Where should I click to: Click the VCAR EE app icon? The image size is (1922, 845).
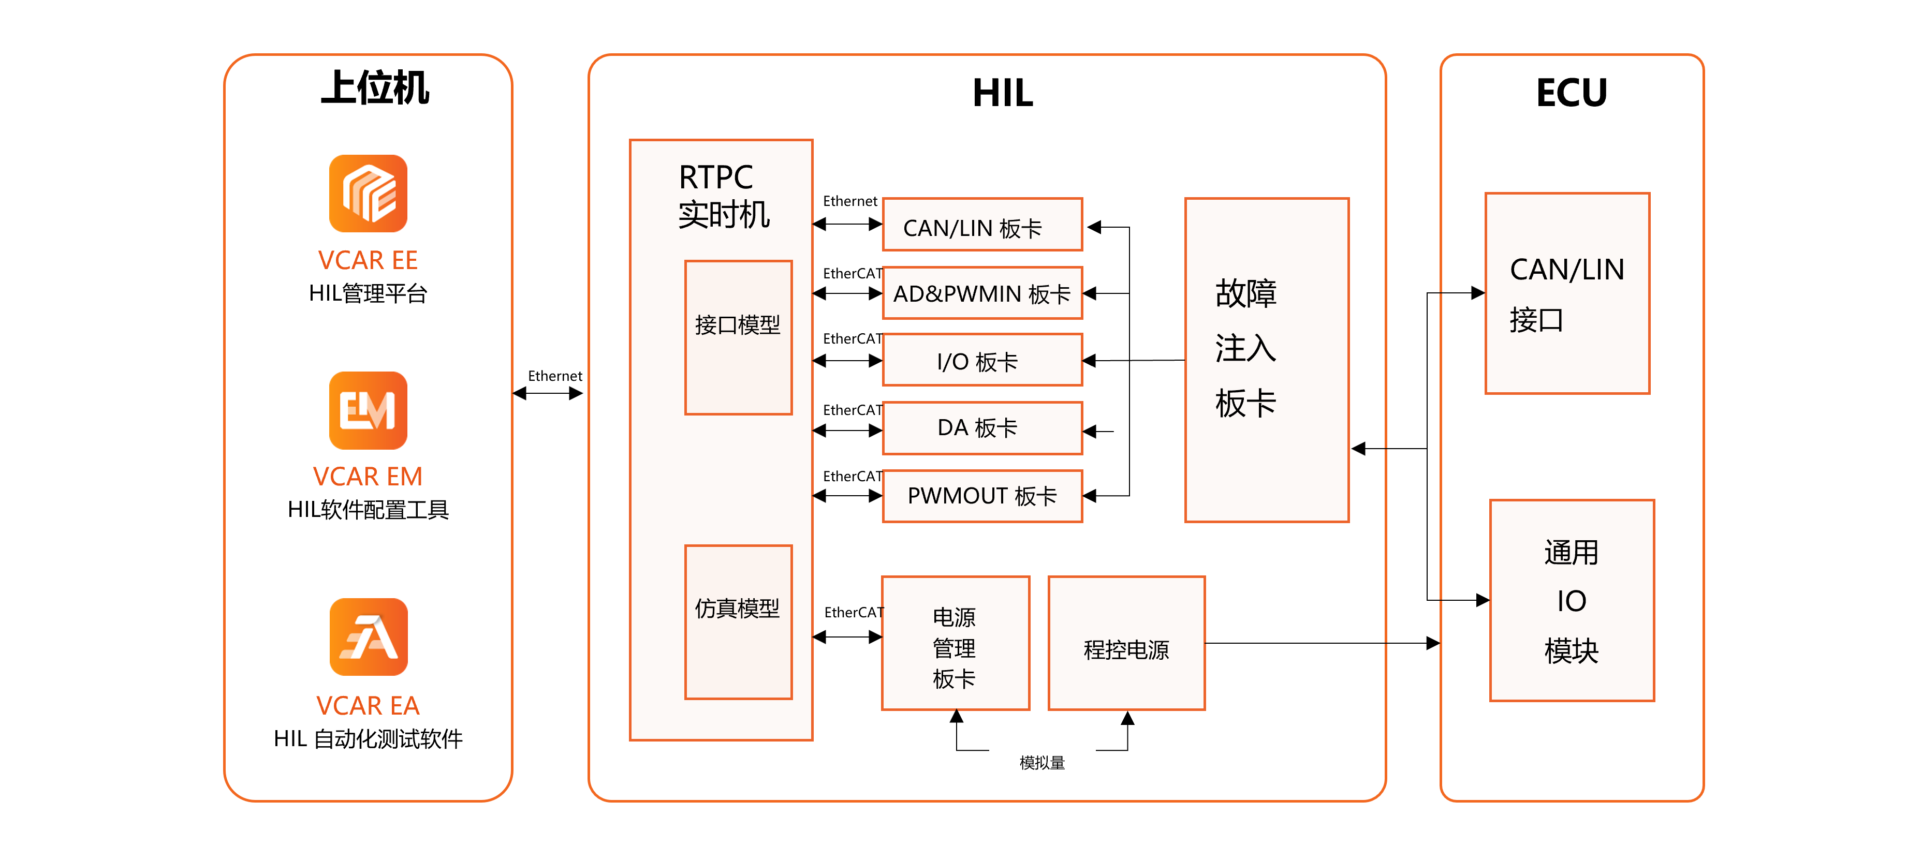pyautogui.click(x=368, y=193)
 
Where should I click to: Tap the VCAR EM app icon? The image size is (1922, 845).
pyautogui.click(x=368, y=410)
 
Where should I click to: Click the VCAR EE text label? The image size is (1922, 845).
pyautogui.click(x=368, y=260)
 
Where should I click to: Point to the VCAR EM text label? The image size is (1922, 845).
pyautogui.click(x=368, y=477)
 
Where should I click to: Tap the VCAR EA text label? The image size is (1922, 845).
pyautogui.click(x=368, y=705)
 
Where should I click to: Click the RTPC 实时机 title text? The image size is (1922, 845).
pyautogui.click(x=722, y=196)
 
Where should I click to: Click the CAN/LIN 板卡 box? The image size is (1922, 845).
pyautogui.click(x=982, y=225)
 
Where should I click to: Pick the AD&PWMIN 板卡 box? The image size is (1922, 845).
pyautogui.click(x=982, y=293)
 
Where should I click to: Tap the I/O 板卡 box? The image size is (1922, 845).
pyautogui.click(x=982, y=360)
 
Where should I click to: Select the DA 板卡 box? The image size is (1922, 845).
pyautogui.click(x=982, y=428)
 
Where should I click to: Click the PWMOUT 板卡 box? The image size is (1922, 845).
pyautogui.click(x=982, y=496)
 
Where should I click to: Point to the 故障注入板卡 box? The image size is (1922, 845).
pyautogui.click(x=1266, y=360)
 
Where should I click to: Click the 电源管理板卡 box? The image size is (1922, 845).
pyautogui.click(x=955, y=643)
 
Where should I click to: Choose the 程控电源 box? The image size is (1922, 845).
pyautogui.click(x=1126, y=643)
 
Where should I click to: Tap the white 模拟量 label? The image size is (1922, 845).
pyautogui.click(x=1041, y=762)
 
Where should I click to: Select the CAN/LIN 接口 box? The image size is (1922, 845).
pyautogui.click(x=1567, y=293)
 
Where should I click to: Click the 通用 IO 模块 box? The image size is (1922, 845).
pyautogui.click(x=1572, y=600)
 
